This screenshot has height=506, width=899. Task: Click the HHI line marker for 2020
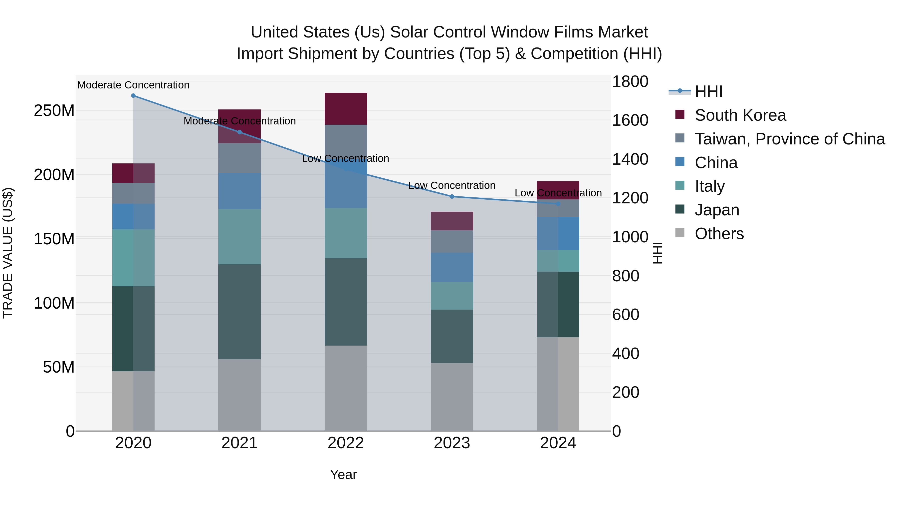[x=133, y=96]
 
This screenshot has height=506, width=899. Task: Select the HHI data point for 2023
[x=452, y=197]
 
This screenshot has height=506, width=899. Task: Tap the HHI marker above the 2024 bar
[x=558, y=204]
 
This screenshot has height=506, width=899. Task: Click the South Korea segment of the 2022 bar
[x=346, y=109]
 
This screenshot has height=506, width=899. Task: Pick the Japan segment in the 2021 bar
[x=239, y=312]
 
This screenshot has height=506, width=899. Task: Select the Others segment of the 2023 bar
[x=452, y=397]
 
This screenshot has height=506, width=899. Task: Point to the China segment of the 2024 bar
[x=558, y=233]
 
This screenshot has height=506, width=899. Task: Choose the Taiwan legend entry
[x=789, y=139]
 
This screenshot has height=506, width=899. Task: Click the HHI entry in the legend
[x=708, y=91]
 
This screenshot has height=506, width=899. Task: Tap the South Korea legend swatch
[x=680, y=114]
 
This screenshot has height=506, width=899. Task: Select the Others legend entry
[x=719, y=234]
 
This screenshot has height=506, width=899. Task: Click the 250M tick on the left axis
[x=54, y=111]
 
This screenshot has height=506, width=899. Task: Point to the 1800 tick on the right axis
[x=630, y=82]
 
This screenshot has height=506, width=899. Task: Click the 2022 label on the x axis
[x=346, y=443]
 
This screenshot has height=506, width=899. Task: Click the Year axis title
[x=343, y=475]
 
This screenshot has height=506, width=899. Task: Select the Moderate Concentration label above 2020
[x=133, y=85]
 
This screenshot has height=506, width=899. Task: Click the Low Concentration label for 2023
[x=452, y=185]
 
